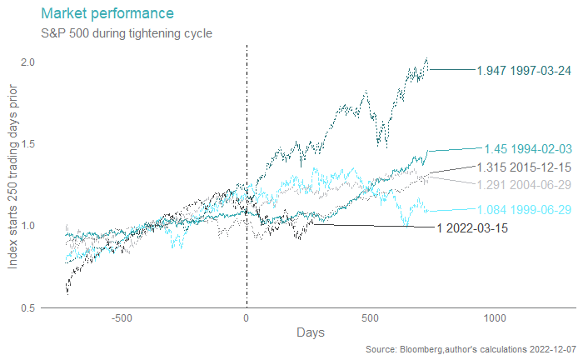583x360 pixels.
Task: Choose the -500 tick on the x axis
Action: pos(122,317)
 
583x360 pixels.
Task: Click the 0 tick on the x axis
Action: pos(247,317)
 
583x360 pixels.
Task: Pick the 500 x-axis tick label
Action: pos(371,317)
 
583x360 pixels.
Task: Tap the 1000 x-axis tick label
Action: pos(495,317)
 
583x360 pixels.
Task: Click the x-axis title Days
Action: pos(311,332)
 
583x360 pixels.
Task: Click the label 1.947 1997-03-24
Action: pos(524,71)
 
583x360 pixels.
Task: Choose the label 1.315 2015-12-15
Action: pos(524,168)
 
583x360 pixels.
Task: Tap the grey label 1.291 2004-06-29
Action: pos(524,185)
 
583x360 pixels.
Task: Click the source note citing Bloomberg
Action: pos(471,348)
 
